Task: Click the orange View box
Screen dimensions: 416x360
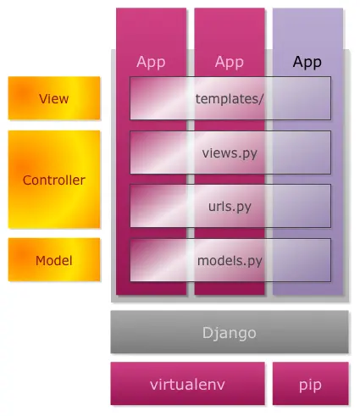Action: [x=53, y=98]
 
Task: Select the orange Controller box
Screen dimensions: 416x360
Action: [x=53, y=180]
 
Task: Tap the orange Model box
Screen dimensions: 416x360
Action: [x=53, y=260]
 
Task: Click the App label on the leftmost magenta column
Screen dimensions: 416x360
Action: [x=151, y=62]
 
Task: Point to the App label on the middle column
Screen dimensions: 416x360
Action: [x=229, y=62]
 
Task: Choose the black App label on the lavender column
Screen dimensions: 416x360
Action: [x=307, y=62]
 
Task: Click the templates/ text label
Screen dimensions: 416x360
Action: [x=230, y=98]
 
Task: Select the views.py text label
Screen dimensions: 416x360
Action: [x=230, y=153]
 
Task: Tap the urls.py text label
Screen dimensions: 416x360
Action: [x=230, y=206]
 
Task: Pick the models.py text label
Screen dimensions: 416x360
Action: [x=230, y=260]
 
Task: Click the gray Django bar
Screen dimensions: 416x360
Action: [x=229, y=332]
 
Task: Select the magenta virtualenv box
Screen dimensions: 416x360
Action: [x=187, y=384]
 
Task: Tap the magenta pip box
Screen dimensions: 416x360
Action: [x=310, y=384]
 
